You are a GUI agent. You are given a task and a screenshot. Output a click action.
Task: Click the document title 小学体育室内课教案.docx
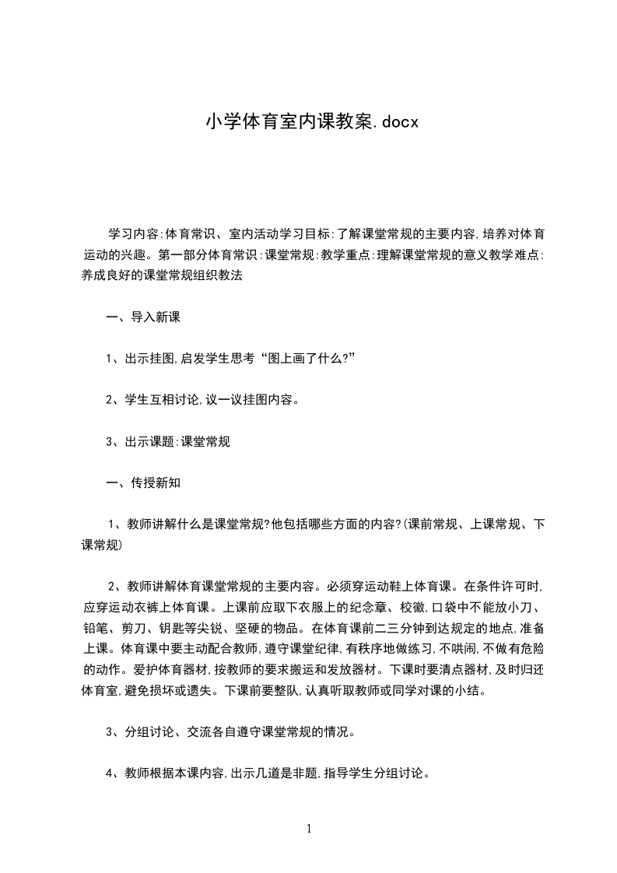pyautogui.click(x=301, y=122)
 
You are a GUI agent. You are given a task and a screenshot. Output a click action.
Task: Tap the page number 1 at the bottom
pyautogui.click(x=309, y=829)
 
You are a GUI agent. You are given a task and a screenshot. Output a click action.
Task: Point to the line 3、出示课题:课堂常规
pyautogui.click(x=167, y=441)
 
